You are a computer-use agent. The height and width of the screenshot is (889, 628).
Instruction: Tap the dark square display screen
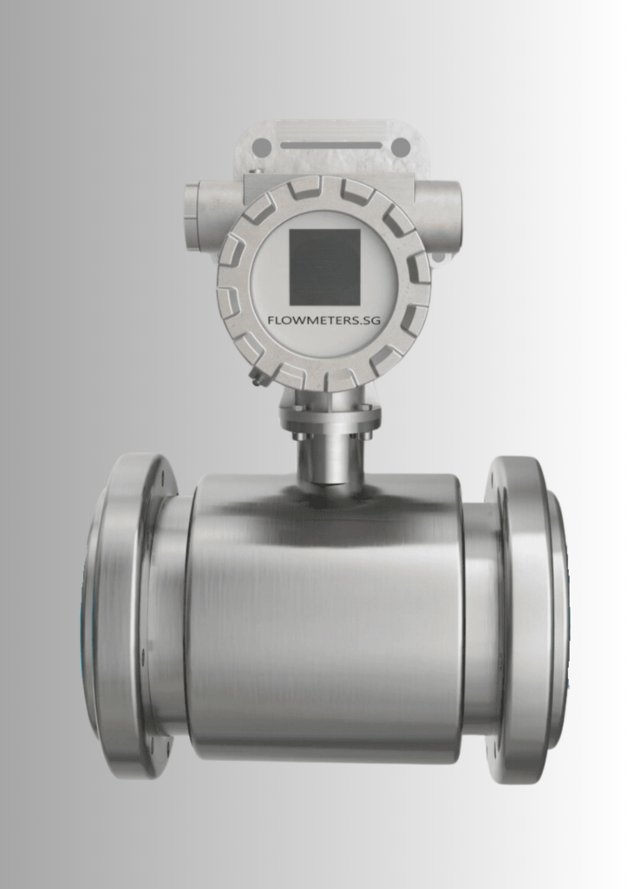[x=324, y=267]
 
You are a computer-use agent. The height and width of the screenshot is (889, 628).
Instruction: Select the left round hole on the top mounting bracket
[x=259, y=147]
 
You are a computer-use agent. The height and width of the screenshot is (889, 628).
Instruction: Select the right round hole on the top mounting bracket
[x=400, y=147]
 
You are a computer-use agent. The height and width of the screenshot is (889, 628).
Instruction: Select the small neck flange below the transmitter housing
[x=330, y=416]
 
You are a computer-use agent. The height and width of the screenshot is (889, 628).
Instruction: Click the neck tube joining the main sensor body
[x=330, y=460]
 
